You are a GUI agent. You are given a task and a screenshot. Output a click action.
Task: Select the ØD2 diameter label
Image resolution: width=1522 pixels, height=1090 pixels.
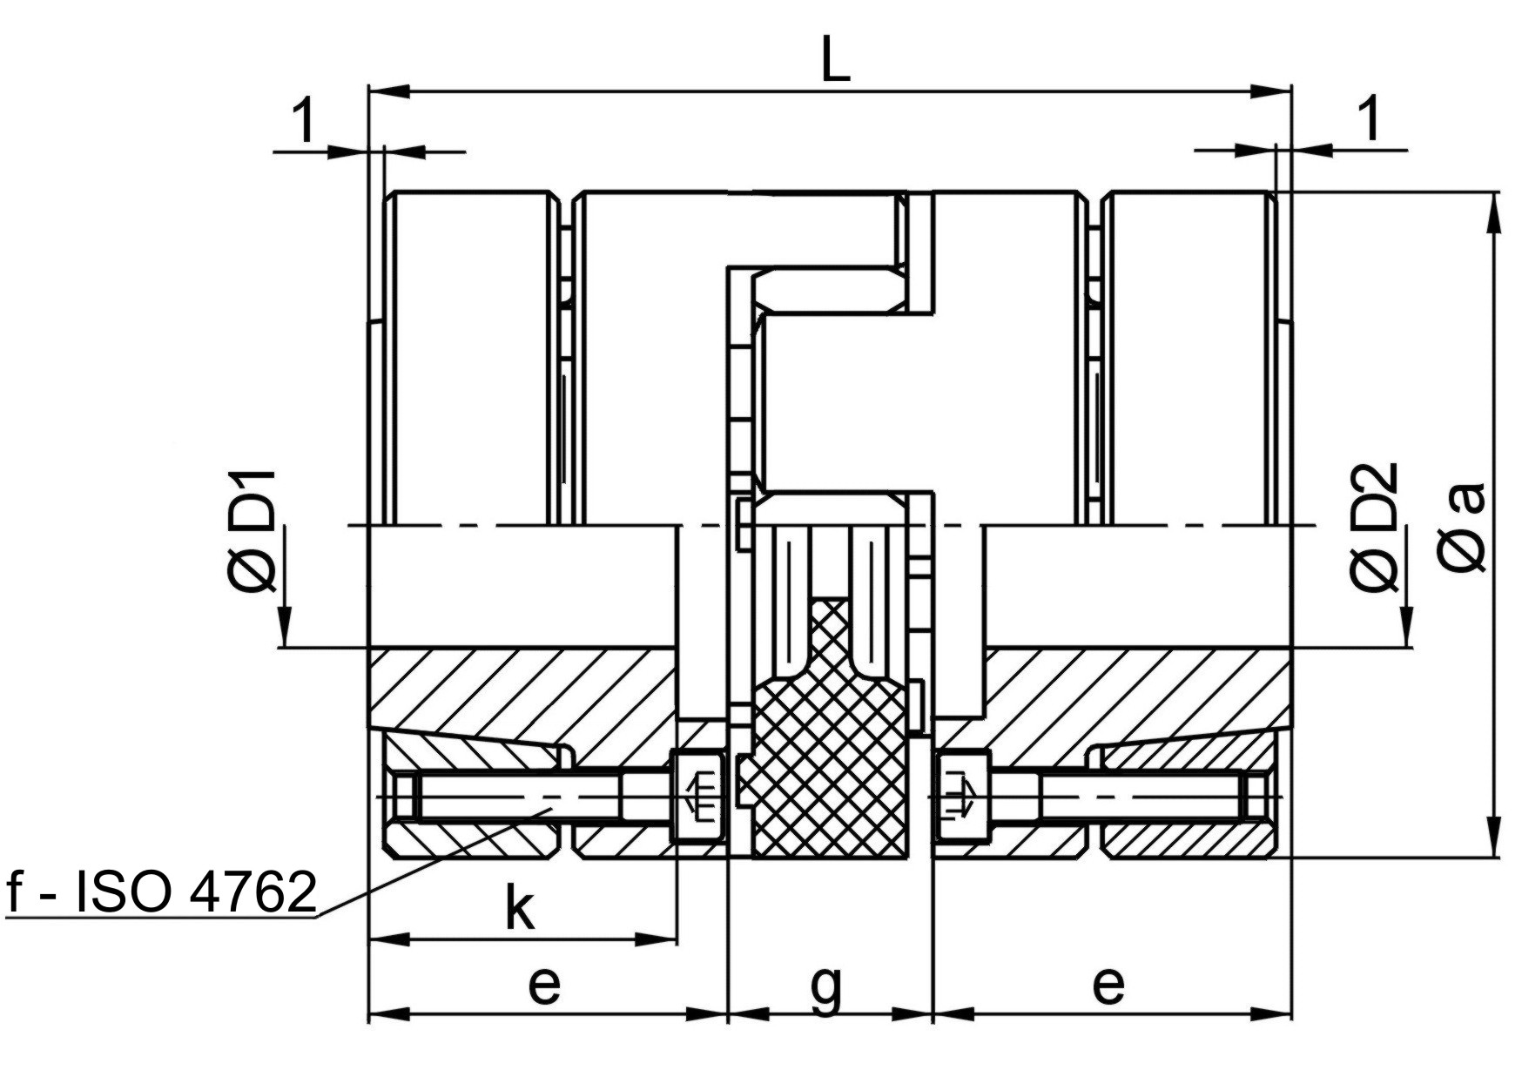click(1375, 528)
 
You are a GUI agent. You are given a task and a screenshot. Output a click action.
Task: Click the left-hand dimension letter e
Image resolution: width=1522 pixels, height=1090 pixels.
click(544, 985)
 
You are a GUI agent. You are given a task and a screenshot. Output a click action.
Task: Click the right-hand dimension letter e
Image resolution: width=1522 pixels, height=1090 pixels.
click(1108, 985)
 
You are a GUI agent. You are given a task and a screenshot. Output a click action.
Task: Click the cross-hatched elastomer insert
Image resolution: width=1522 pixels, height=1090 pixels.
click(826, 740)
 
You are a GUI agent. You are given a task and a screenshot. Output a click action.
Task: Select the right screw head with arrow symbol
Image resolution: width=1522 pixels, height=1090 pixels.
click(961, 797)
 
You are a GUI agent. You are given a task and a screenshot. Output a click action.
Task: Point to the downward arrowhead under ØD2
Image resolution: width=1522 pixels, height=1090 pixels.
click(1405, 626)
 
